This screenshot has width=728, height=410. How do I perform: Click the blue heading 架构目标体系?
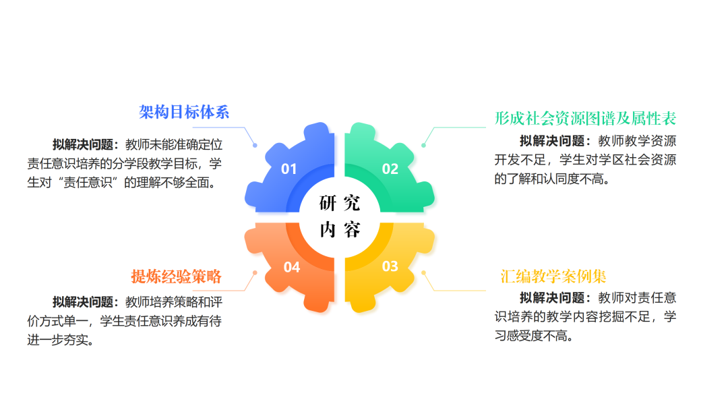click(x=184, y=112)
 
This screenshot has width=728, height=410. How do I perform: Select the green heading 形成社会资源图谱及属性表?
click(x=585, y=119)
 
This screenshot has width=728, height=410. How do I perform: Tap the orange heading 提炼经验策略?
click(x=177, y=276)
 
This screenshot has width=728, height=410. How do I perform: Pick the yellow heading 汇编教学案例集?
click(x=553, y=276)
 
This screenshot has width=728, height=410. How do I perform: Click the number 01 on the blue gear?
click(x=289, y=169)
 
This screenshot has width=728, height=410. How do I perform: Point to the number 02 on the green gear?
click(x=390, y=169)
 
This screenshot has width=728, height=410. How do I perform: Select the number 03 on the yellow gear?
click(x=390, y=266)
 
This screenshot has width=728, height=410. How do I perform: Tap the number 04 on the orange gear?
click(x=292, y=267)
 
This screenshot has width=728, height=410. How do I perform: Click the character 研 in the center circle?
click(x=328, y=203)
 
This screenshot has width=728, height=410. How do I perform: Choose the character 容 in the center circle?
click(x=352, y=229)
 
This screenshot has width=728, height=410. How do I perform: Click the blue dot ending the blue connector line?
click(x=255, y=146)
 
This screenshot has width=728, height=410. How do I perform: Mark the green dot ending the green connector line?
click(x=423, y=146)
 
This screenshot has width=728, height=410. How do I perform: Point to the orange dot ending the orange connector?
click(x=255, y=272)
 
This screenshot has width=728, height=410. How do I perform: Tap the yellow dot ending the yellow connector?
click(x=423, y=272)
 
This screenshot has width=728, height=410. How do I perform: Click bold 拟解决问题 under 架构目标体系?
click(x=83, y=144)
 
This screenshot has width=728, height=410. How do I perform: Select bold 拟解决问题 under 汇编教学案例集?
click(x=550, y=297)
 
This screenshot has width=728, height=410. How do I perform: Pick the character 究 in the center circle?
click(x=352, y=203)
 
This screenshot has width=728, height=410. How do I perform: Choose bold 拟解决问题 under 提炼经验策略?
click(x=83, y=302)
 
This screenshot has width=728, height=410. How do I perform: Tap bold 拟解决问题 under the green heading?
click(x=550, y=141)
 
